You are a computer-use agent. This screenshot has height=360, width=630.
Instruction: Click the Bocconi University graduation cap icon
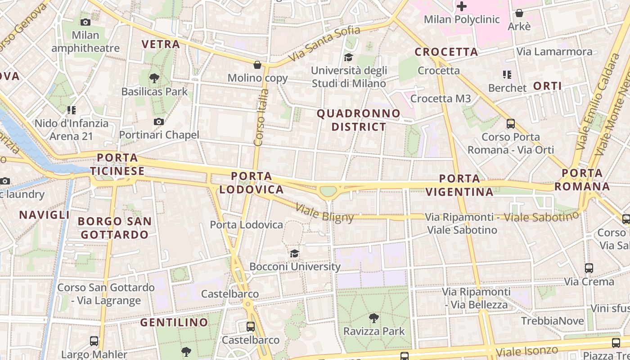click(294, 253)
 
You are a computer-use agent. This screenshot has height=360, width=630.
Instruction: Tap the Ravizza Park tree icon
click(373, 318)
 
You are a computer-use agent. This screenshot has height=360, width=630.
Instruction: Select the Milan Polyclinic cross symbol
click(462, 6)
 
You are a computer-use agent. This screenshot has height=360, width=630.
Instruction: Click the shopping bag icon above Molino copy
click(257, 65)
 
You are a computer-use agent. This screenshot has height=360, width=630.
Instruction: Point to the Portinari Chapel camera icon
click(158, 121)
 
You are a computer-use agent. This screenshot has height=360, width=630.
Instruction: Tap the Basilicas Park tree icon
click(154, 78)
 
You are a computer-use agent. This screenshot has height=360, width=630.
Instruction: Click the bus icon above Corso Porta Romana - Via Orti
click(510, 123)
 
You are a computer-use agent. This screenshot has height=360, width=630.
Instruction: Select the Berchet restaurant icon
click(507, 75)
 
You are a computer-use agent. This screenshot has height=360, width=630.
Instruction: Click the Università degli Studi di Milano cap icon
click(348, 57)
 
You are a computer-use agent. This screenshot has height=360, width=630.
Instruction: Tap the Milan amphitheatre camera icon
click(85, 22)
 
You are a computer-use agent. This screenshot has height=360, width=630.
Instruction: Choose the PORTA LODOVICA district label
click(252, 182)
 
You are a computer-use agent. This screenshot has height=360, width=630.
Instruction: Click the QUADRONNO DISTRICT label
click(358, 120)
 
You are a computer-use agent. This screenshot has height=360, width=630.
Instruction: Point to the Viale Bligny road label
click(324, 213)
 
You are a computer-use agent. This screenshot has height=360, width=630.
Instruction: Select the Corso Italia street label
click(261, 117)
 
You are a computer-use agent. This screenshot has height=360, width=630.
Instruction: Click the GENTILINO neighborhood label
click(174, 322)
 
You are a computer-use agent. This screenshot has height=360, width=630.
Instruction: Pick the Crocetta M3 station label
click(441, 99)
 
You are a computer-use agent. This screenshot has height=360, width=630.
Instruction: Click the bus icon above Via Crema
click(589, 268)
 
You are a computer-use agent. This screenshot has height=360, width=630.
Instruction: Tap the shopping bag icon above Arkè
click(519, 13)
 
